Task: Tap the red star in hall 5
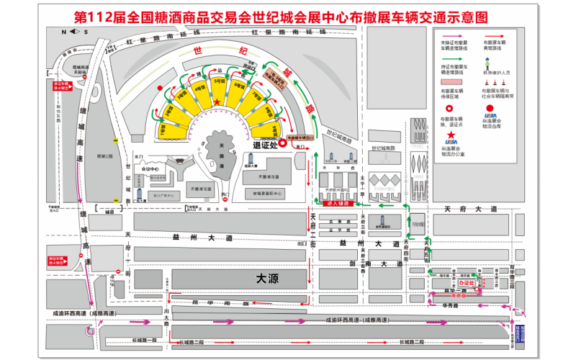217,104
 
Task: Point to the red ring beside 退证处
284,143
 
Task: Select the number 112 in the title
99,17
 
